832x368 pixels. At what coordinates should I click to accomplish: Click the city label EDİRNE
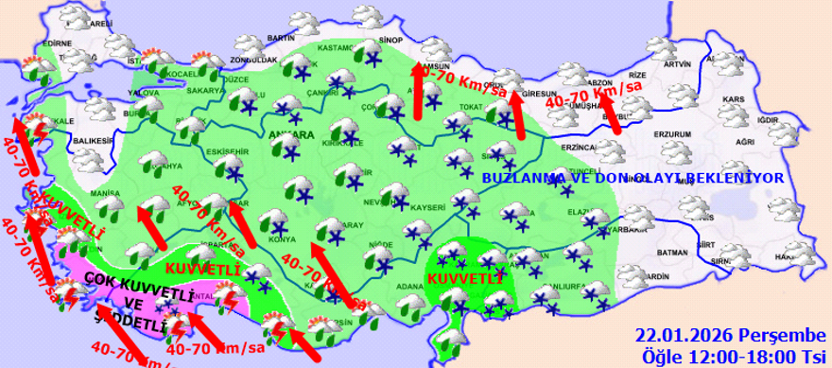tap(58, 44)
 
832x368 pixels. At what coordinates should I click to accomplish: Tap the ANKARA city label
tap(292, 134)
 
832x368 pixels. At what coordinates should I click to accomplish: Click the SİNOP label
tap(390, 42)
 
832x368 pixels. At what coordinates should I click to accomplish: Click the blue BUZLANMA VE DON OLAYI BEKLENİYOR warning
tap(633, 178)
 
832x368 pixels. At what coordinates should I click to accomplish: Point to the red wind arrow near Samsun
tap(417, 91)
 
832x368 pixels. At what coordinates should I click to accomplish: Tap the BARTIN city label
tap(282, 37)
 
